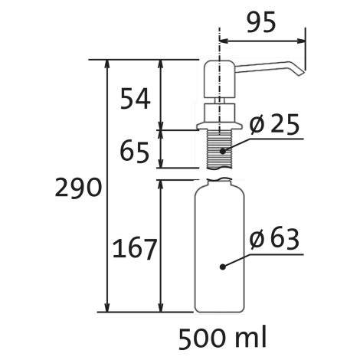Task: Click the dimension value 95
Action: [x=261, y=22]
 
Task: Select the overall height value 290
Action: [x=78, y=187]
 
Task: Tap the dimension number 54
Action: [x=135, y=99]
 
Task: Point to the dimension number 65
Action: [x=134, y=152]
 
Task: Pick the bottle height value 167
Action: [x=134, y=248]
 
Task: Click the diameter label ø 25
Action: [x=274, y=124]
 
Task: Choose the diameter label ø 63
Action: [x=274, y=239]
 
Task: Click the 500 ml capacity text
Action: [x=222, y=339]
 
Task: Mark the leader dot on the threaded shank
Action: [x=223, y=151]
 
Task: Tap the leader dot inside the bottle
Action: [x=223, y=267]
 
